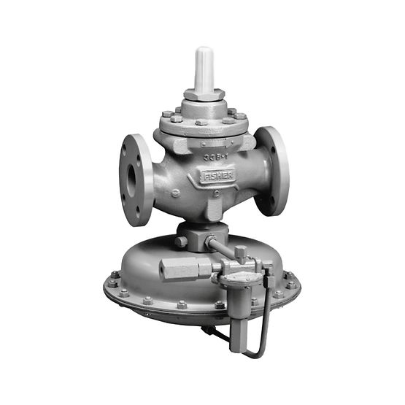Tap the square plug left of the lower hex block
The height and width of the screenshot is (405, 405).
180,241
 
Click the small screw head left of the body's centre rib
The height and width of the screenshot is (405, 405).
175,193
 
